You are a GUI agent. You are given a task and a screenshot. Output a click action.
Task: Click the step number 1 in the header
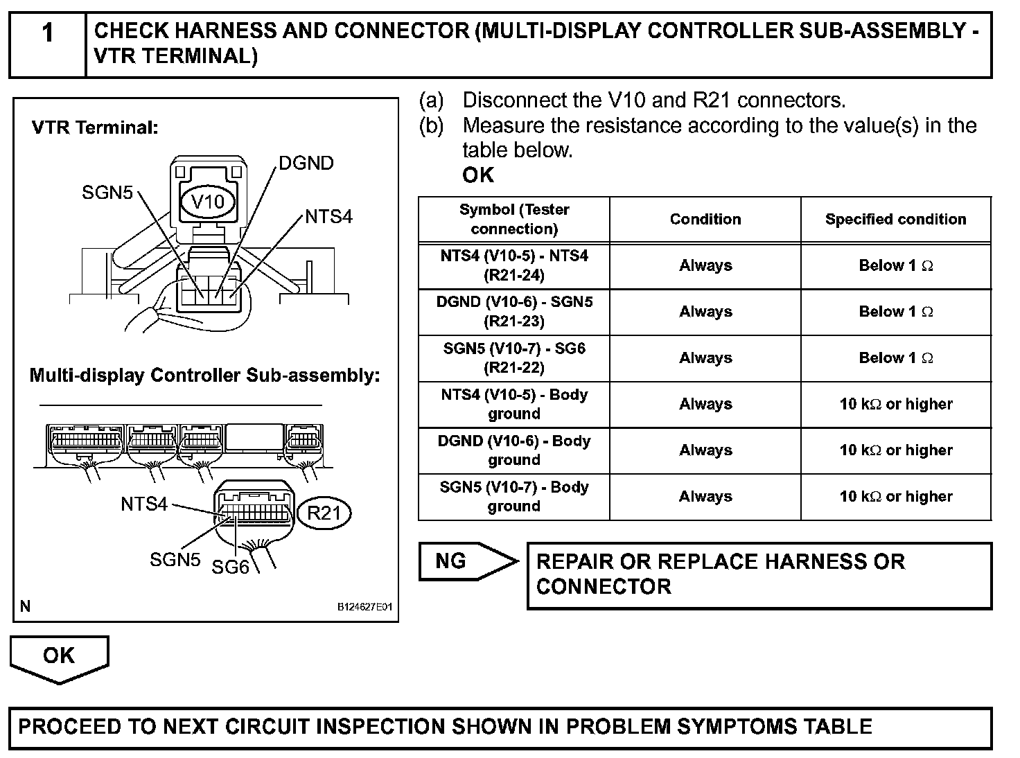coord(47,33)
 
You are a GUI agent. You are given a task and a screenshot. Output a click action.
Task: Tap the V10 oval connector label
coord(208,202)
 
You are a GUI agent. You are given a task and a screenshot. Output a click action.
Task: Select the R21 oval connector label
coord(324,513)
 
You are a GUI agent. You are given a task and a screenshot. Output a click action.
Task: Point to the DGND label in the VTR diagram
coord(306,164)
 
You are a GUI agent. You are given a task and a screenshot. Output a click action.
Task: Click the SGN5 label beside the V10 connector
coord(107,193)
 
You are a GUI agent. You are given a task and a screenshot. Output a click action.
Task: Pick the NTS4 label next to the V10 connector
coord(328,217)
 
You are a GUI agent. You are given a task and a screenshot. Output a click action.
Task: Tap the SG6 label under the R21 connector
coord(230,567)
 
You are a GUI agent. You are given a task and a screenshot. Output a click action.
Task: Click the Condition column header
coord(705,219)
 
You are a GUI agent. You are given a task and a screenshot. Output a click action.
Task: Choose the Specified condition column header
coord(895,219)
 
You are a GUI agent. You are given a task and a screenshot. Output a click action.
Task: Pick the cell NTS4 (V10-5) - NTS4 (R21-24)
coord(514,265)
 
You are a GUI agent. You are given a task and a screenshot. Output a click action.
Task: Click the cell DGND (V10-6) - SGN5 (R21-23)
coord(514,312)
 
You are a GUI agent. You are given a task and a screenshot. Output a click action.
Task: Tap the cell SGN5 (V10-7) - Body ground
coord(514,497)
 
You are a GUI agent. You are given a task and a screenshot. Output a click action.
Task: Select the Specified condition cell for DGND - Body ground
coord(895,450)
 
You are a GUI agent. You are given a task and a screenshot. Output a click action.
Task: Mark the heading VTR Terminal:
coord(96,127)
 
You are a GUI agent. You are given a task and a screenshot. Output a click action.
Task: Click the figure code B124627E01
coord(364,607)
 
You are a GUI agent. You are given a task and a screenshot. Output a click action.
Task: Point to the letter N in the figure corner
coord(26,606)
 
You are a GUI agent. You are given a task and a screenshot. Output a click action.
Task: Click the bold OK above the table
coord(478,175)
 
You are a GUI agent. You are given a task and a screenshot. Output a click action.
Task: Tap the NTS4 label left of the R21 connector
coord(144,504)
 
